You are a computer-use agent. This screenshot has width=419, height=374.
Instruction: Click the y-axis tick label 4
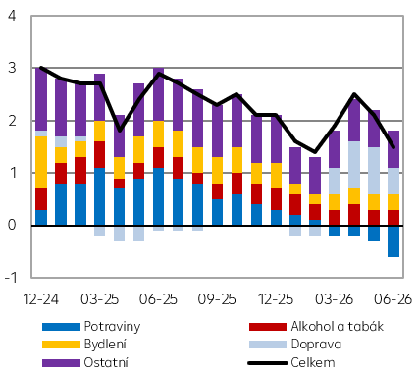pos(12,16)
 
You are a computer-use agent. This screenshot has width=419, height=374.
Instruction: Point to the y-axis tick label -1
pos(10,278)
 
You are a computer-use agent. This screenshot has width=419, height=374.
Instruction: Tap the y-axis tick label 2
pos(12,121)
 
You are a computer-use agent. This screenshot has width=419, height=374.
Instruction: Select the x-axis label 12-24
pos(41,299)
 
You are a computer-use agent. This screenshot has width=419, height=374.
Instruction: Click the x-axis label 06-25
pos(158,299)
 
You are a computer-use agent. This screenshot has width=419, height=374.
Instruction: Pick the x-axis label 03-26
pos(335,299)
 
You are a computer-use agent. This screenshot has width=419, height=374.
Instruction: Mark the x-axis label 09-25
pos(217,299)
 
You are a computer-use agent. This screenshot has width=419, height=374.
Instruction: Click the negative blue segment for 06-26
pos(393,241)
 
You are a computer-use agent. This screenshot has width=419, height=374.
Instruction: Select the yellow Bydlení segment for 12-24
pos(41,162)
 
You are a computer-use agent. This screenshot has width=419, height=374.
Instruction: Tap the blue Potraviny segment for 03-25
pos(100,196)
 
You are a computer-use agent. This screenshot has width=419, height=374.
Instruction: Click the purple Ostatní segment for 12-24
pos(41,99)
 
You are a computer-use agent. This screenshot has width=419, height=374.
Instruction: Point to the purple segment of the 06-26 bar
pos(393,149)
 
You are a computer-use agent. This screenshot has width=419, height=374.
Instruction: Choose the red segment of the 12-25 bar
pos(276,199)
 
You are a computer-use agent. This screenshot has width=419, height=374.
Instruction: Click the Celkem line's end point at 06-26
pos(393,147)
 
